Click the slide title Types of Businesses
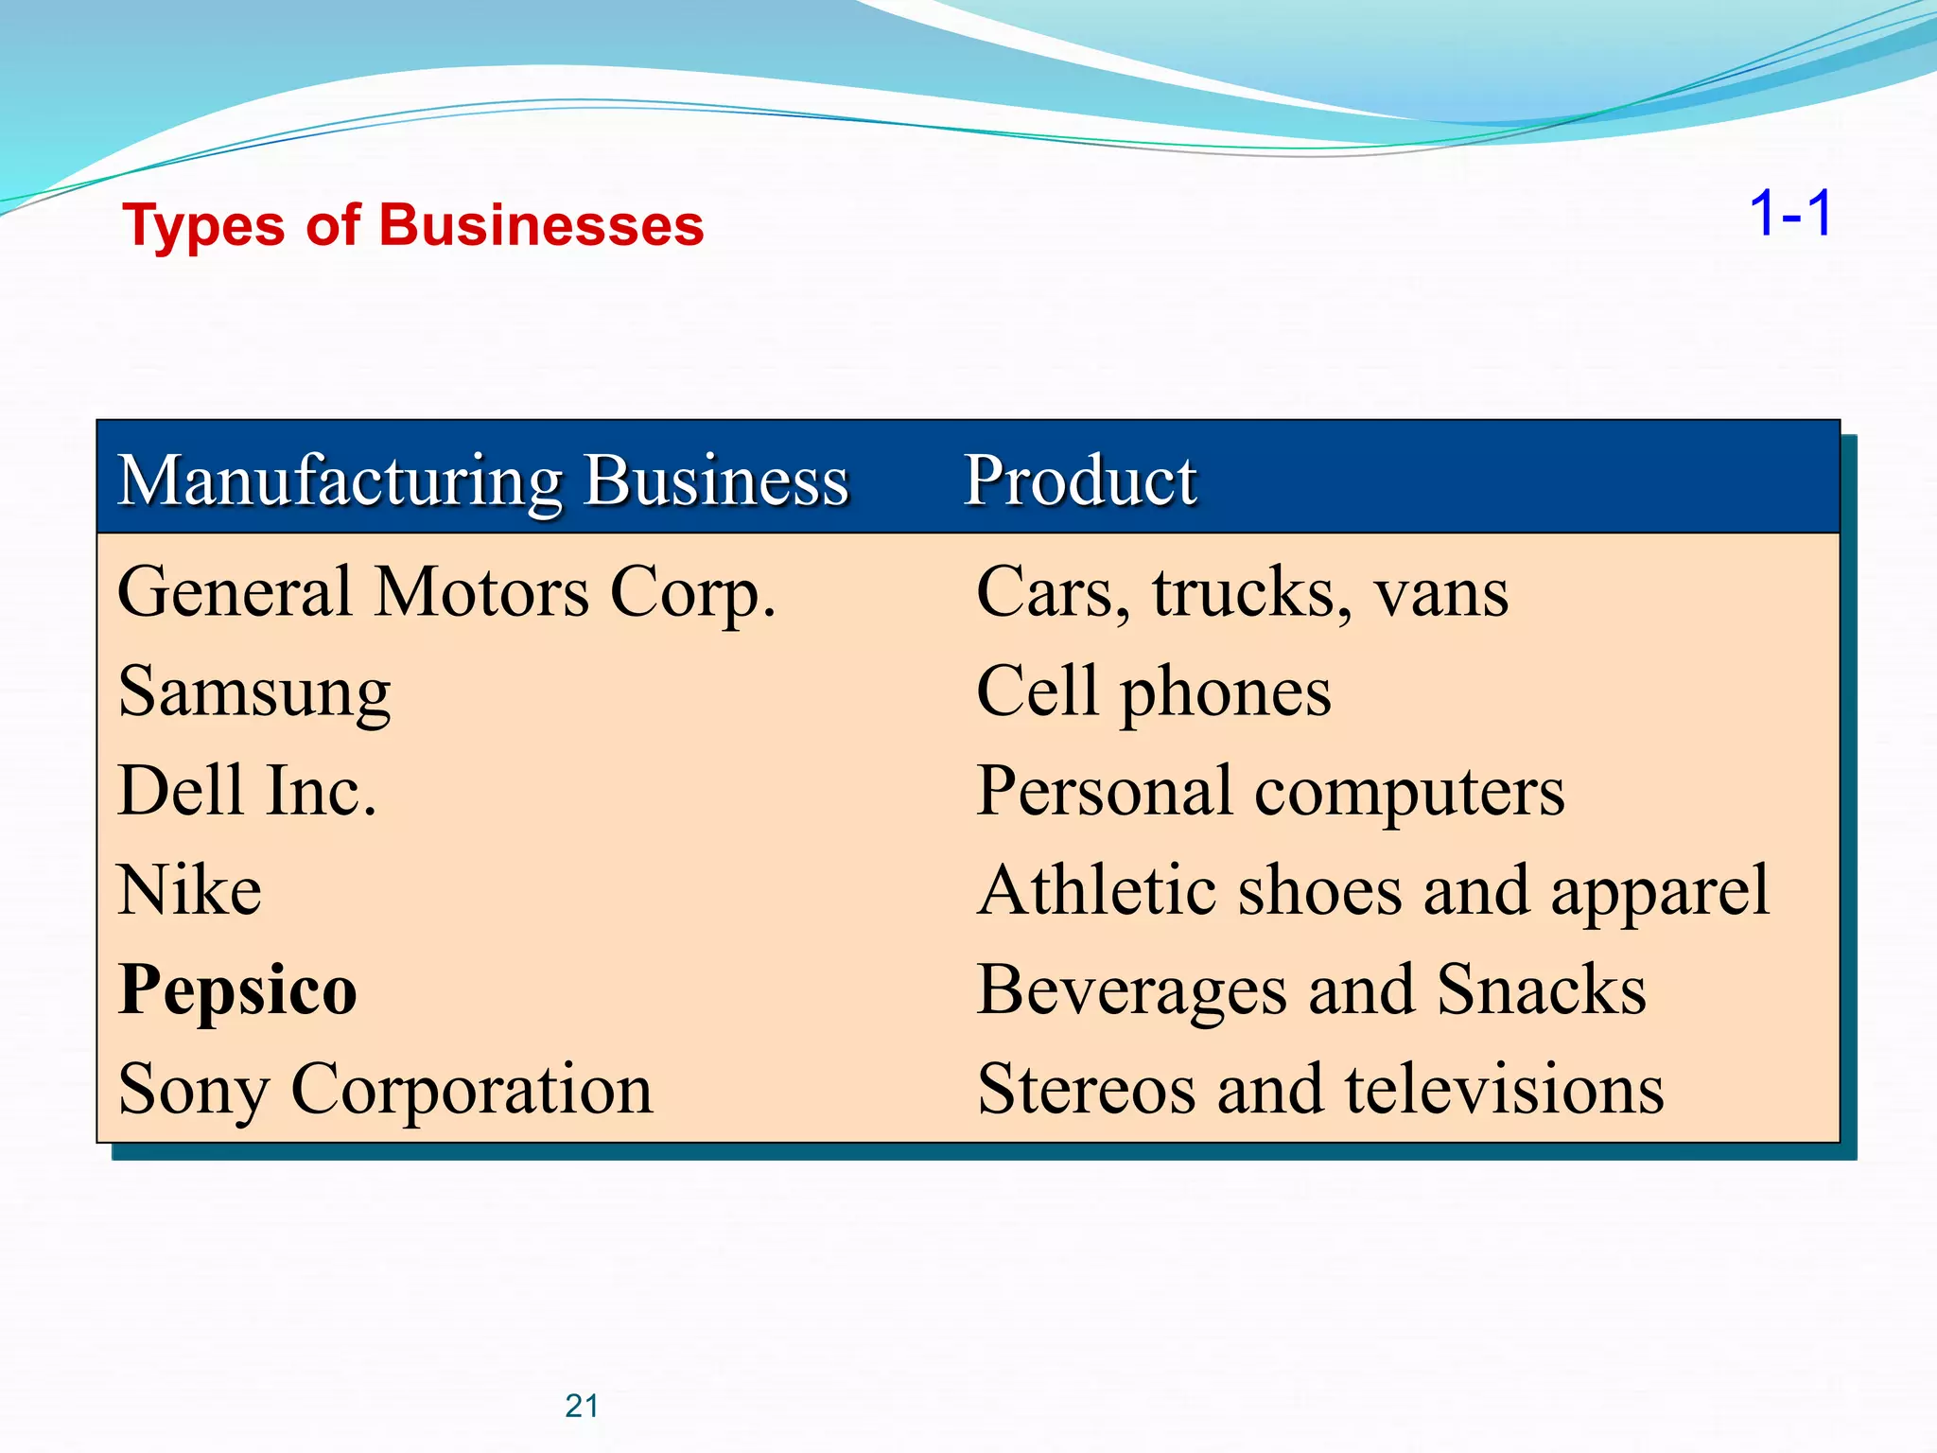pos(413,226)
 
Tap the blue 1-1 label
pos(1790,214)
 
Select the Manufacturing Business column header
pos(482,481)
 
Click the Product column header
pos(1080,481)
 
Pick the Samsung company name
pos(254,693)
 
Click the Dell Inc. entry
pos(247,792)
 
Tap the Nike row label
pos(189,891)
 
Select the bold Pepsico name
pos(237,990)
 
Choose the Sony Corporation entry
pos(385,1090)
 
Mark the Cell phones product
pos(1153,693)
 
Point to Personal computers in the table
pos(1270,792)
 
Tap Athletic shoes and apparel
pos(1372,891)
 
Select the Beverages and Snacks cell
pos(1311,990)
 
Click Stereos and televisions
pos(1320,1090)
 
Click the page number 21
pos(582,1407)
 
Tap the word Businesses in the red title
pos(541,226)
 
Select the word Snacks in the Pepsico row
pos(1542,990)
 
